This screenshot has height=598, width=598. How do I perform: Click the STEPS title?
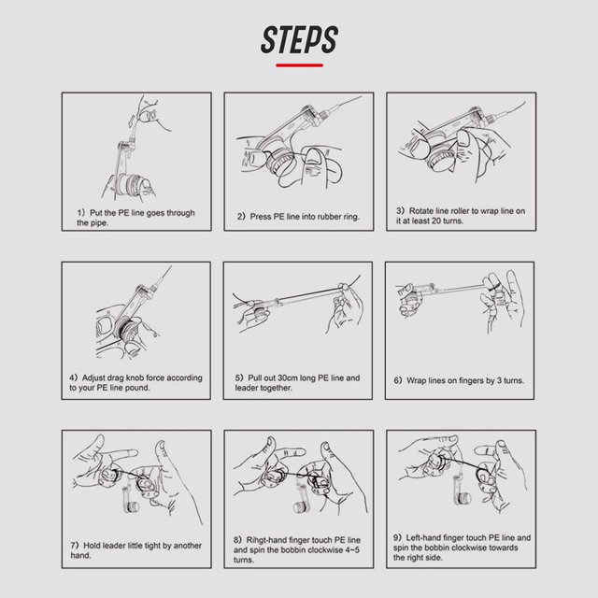(299, 39)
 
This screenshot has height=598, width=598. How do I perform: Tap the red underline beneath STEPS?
(299, 65)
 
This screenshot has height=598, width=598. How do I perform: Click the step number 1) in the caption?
(81, 212)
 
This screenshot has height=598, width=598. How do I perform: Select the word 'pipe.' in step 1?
(99, 222)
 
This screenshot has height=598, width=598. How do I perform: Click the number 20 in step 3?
(437, 221)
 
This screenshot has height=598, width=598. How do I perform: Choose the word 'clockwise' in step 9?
(470, 548)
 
